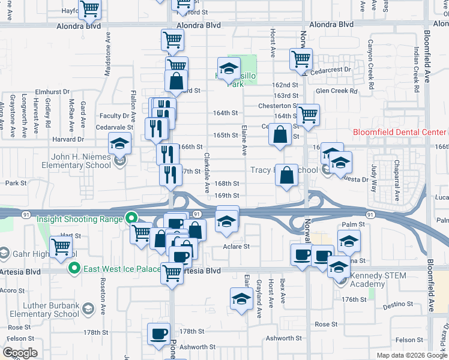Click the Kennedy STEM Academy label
(x=378, y=280)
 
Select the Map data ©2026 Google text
(x=412, y=355)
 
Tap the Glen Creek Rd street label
(x=336, y=91)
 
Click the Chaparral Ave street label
(x=397, y=180)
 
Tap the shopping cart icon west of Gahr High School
(x=61, y=245)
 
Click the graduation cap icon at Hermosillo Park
(x=229, y=69)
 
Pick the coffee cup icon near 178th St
(x=159, y=333)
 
